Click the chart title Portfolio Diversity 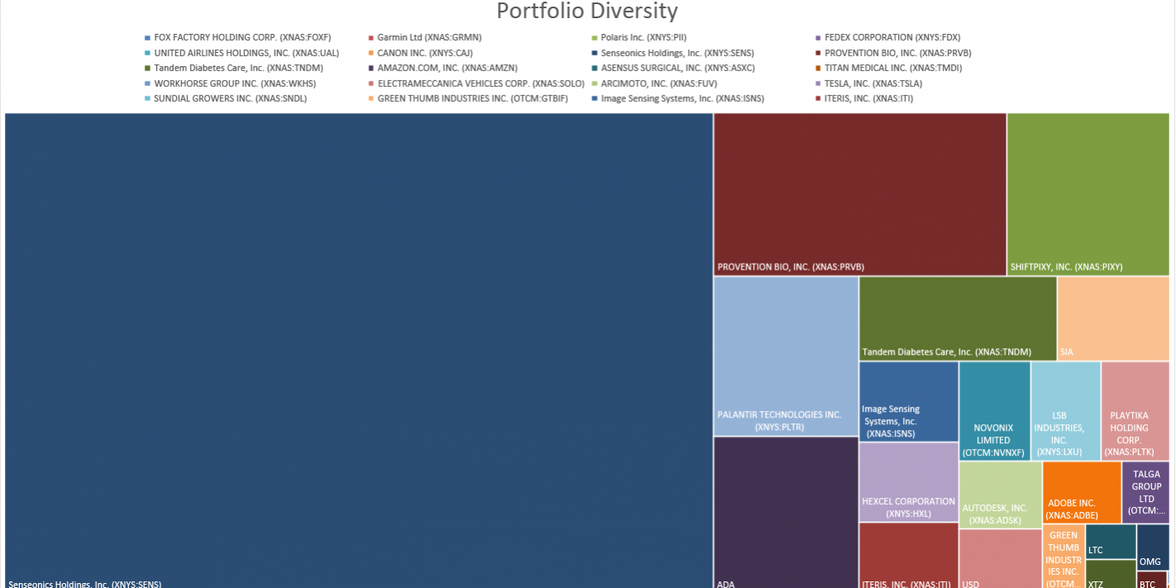[586, 12]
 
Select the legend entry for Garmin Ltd [428, 37]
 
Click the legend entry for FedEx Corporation [892, 37]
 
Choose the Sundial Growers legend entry [229, 98]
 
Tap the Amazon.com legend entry [447, 68]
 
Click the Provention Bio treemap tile [859, 194]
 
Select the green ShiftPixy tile [1088, 194]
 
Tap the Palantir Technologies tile [786, 356]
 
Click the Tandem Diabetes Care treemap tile [957, 318]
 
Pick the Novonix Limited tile [993, 410]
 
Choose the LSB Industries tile [1064, 410]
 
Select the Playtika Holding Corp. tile [1134, 410]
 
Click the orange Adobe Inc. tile [1081, 491]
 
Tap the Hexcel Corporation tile [908, 481]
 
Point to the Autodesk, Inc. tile [999, 495]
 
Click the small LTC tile [1110, 542]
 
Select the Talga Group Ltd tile [1145, 491]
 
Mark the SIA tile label [1067, 351]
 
